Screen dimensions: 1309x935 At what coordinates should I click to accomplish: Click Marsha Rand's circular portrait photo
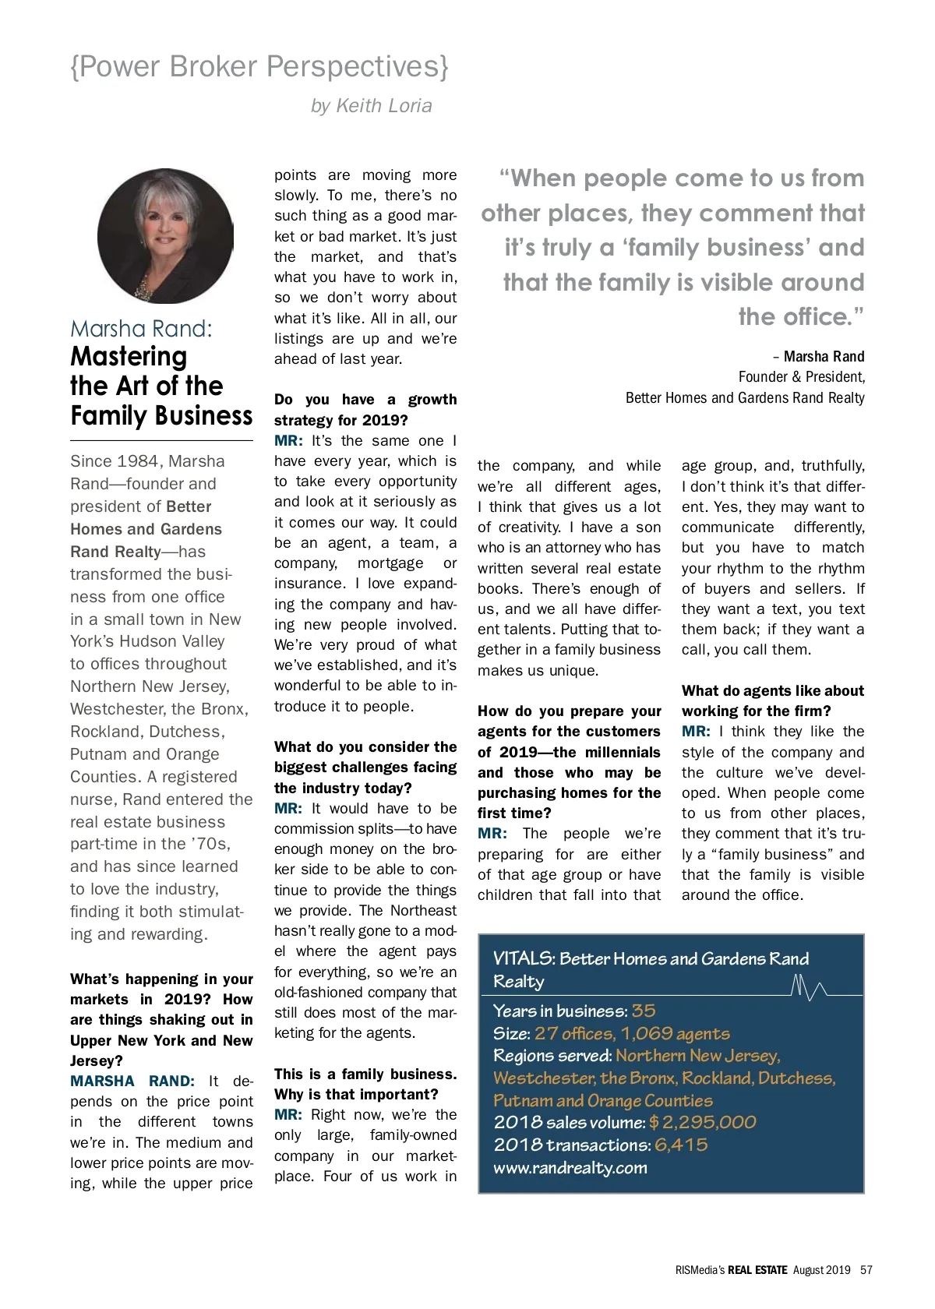click(165, 235)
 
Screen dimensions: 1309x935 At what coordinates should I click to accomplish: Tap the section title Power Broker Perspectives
click(259, 67)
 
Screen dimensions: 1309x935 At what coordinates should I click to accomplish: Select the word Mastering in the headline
click(129, 357)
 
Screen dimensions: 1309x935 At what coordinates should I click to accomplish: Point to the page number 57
click(866, 1270)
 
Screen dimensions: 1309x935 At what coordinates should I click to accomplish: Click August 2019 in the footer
click(821, 1270)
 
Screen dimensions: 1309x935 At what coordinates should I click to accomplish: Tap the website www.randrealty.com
click(570, 1168)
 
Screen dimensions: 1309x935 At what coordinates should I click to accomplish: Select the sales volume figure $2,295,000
click(702, 1123)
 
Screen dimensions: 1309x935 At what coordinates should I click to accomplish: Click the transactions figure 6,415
click(681, 1145)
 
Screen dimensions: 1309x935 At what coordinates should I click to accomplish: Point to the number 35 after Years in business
click(644, 1011)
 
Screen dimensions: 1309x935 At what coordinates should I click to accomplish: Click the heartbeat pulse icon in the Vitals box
click(808, 987)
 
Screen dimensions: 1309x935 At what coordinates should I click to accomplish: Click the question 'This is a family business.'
click(365, 1074)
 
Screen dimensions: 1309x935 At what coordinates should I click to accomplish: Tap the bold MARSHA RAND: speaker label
click(132, 1081)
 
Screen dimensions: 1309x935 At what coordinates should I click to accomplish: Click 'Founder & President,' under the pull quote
click(801, 377)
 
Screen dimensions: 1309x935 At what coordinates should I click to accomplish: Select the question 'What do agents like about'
click(772, 691)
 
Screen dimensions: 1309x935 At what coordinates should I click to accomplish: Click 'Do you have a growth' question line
click(365, 400)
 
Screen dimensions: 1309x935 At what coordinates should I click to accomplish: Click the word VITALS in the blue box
click(524, 959)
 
